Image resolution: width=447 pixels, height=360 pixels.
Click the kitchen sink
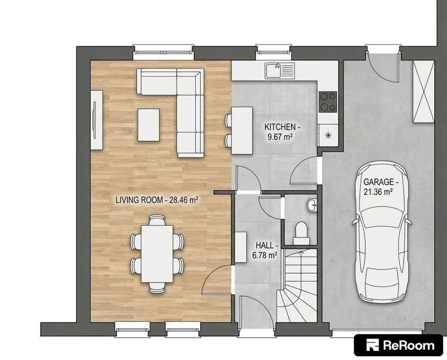(x=279, y=70)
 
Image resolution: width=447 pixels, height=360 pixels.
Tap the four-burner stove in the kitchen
(x=328, y=102)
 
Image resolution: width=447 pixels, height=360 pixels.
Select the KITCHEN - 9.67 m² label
(x=282, y=132)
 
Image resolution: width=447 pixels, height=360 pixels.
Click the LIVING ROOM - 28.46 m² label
(x=157, y=200)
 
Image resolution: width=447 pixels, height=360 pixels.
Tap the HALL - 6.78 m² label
(x=265, y=250)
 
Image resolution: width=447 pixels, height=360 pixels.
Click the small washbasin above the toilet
(x=312, y=205)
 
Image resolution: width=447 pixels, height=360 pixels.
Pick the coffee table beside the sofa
(x=148, y=125)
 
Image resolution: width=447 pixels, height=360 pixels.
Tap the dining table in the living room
(x=157, y=254)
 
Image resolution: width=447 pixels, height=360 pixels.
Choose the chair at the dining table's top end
(x=157, y=220)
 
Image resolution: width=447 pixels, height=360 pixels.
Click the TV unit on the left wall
(x=96, y=120)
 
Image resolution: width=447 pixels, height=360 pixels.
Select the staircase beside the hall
(x=297, y=286)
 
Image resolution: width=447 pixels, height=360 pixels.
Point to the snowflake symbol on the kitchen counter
(x=328, y=135)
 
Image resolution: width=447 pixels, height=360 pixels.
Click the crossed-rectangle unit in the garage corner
(x=423, y=91)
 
